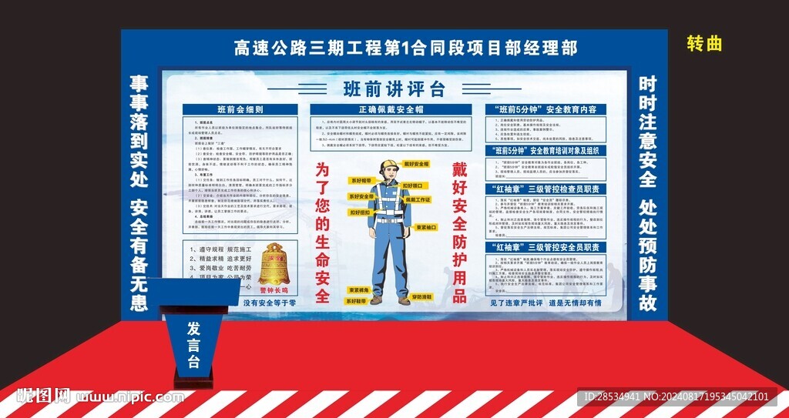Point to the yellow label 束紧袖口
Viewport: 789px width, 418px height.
(x=426, y=227)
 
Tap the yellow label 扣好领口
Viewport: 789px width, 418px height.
(x=413, y=186)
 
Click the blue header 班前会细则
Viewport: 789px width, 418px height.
(x=240, y=110)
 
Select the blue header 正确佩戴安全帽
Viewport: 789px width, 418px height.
(x=391, y=110)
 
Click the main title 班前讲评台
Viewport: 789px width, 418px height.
(x=394, y=88)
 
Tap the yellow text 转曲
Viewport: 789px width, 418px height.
(x=704, y=44)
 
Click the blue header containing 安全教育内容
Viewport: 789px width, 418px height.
(x=546, y=110)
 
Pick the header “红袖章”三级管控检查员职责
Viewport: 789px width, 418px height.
(x=546, y=189)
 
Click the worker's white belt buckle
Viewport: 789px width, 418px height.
(x=389, y=220)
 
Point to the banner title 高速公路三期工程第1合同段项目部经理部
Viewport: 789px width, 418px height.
(x=394, y=48)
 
